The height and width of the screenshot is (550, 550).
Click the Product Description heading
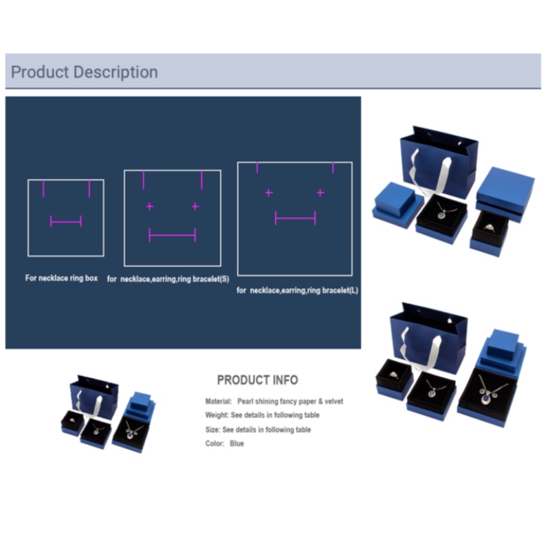pos(85,72)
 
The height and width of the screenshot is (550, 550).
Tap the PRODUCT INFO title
pos(257,380)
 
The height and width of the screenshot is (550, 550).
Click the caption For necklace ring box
pos(61,278)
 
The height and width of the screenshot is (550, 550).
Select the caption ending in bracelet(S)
pos(168,279)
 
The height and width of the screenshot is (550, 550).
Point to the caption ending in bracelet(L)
pos(298,290)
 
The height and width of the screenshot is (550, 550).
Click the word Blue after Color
pos(236,443)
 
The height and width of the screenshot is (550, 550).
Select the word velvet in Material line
pos(334,401)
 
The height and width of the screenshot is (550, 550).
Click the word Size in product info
pos(212,430)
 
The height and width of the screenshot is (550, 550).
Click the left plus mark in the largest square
pos(269,192)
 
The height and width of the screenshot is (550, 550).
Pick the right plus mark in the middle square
pos(195,206)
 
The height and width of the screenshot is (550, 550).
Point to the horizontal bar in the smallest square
pos(66,221)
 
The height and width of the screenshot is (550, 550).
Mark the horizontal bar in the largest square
pos(296,218)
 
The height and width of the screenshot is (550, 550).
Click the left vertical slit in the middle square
pos(144,180)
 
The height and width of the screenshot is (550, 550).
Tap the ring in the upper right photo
pos(489,228)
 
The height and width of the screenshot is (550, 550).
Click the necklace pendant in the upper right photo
pos(442,214)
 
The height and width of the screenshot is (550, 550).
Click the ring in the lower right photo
pos(394,375)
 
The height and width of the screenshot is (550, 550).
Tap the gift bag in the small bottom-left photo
pos(94,397)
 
